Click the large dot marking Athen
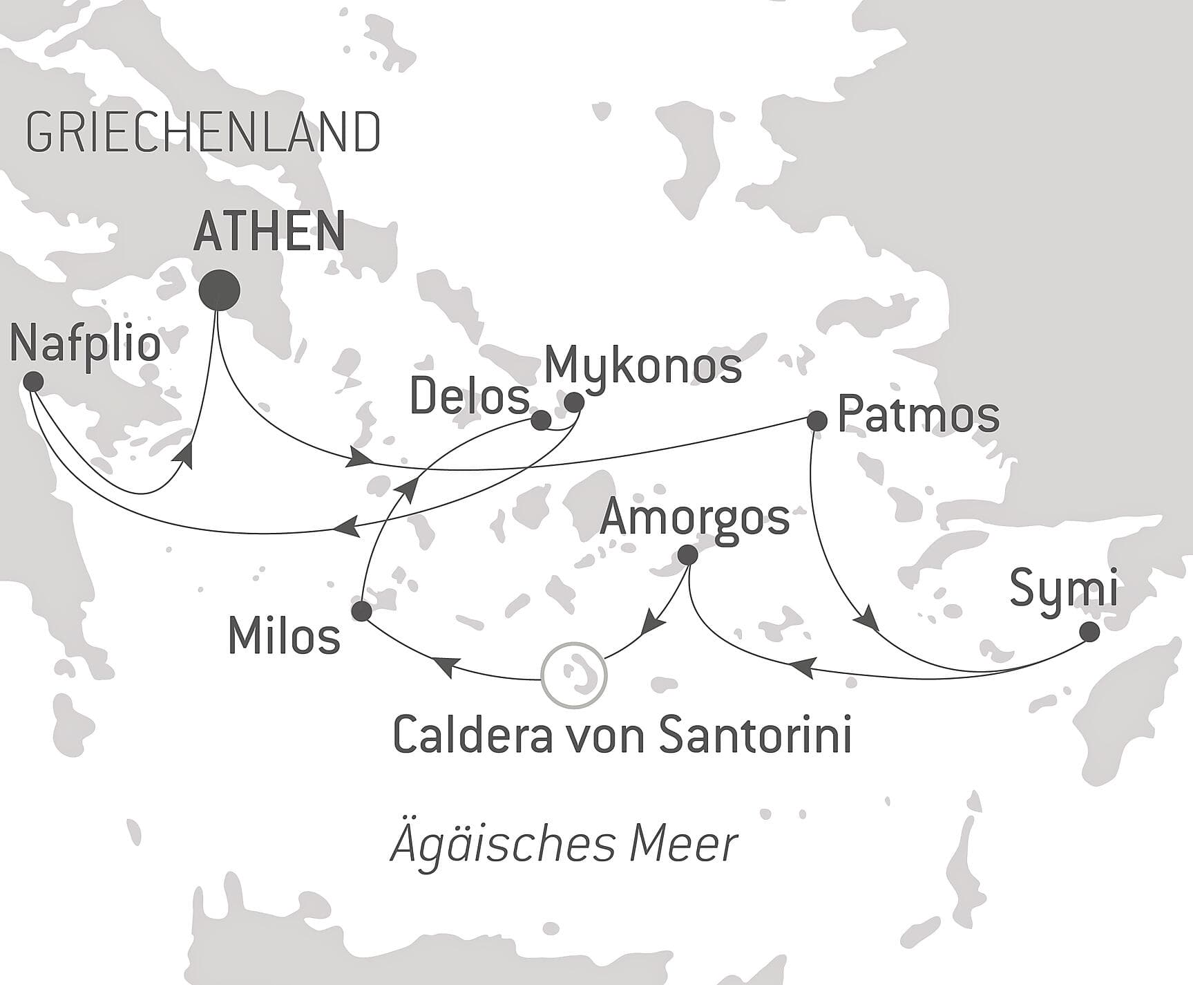(x=219, y=290)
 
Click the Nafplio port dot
(x=32, y=381)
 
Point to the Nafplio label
(x=86, y=344)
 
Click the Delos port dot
(x=541, y=420)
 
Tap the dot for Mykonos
(x=574, y=402)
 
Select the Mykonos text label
(x=642, y=366)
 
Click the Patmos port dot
(x=817, y=420)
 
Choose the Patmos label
(x=918, y=415)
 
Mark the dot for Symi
(x=1089, y=632)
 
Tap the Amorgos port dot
(x=687, y=555)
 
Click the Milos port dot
(x=361, y=611)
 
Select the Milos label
(x=284, y=636)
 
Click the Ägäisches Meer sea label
(x=564, y=845)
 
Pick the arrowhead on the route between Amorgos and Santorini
(x=652, y=625)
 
